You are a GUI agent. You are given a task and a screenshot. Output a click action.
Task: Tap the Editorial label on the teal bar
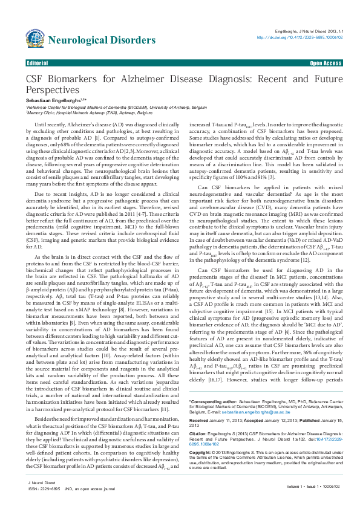[38, 63]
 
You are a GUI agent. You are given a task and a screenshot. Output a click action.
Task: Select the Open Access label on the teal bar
[326, 63]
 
